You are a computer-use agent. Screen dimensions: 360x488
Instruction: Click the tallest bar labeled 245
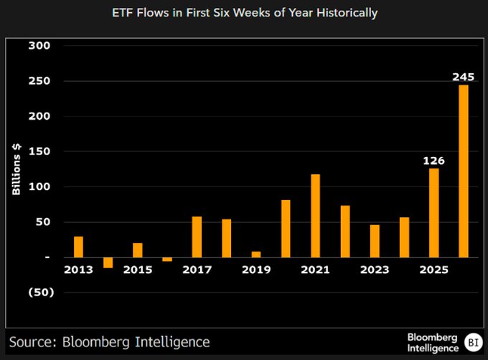[464, 171]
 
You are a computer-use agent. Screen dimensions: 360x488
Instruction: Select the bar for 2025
[434, 212]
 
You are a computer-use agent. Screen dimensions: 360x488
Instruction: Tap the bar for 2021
[315, 215]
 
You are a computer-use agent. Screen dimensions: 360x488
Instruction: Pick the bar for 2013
[78, 247]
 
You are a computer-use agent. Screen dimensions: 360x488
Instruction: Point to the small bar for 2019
[256, 254]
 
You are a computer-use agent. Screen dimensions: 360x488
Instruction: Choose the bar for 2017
[197, 237]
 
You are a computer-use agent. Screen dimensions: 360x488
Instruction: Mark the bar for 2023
[375, 241]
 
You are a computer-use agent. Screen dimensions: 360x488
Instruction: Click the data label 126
[433, 161]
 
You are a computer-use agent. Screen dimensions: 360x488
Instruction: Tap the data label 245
[464, 77]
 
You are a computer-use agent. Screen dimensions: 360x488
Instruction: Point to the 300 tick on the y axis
[39, 46]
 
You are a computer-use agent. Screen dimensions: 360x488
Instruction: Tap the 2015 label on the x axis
[137, 270]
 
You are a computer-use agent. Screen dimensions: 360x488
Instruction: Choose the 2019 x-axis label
[256, 270]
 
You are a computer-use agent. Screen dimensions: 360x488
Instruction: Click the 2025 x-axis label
[434, 270]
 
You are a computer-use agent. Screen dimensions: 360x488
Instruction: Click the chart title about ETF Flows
[245, 13]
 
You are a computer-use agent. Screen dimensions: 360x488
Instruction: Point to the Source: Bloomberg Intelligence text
[109, 341]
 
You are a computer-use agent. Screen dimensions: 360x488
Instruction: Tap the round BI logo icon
[473, 341]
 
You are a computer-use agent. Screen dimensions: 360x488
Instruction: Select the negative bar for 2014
[108, 262]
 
